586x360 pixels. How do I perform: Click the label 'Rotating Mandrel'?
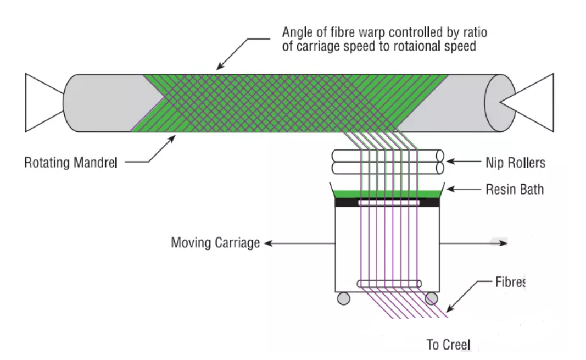70,163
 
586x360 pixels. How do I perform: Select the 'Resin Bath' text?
515,190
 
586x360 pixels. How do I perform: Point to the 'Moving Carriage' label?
215,242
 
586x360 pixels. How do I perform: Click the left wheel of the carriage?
343,298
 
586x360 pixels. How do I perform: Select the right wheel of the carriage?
431,298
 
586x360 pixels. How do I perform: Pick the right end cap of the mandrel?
499,103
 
